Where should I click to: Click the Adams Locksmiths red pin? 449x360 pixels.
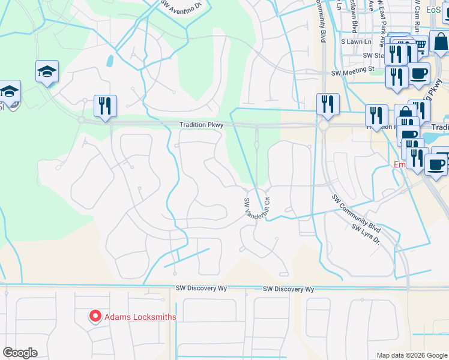[95, 316]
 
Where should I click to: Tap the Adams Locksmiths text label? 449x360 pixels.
[140, 317]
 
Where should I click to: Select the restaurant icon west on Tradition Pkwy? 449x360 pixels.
[106, 106]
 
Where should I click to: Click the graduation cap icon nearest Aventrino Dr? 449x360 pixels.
[47, 71]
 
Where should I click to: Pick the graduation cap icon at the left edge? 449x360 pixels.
[10, 92]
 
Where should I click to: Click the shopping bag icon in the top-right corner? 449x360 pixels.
[439, 42]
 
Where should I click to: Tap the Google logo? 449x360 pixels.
[20, 353]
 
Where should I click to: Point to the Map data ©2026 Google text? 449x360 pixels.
[411, 355]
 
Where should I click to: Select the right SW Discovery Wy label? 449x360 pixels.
[288, 289]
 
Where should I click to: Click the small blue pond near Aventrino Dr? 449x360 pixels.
[110, 61]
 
